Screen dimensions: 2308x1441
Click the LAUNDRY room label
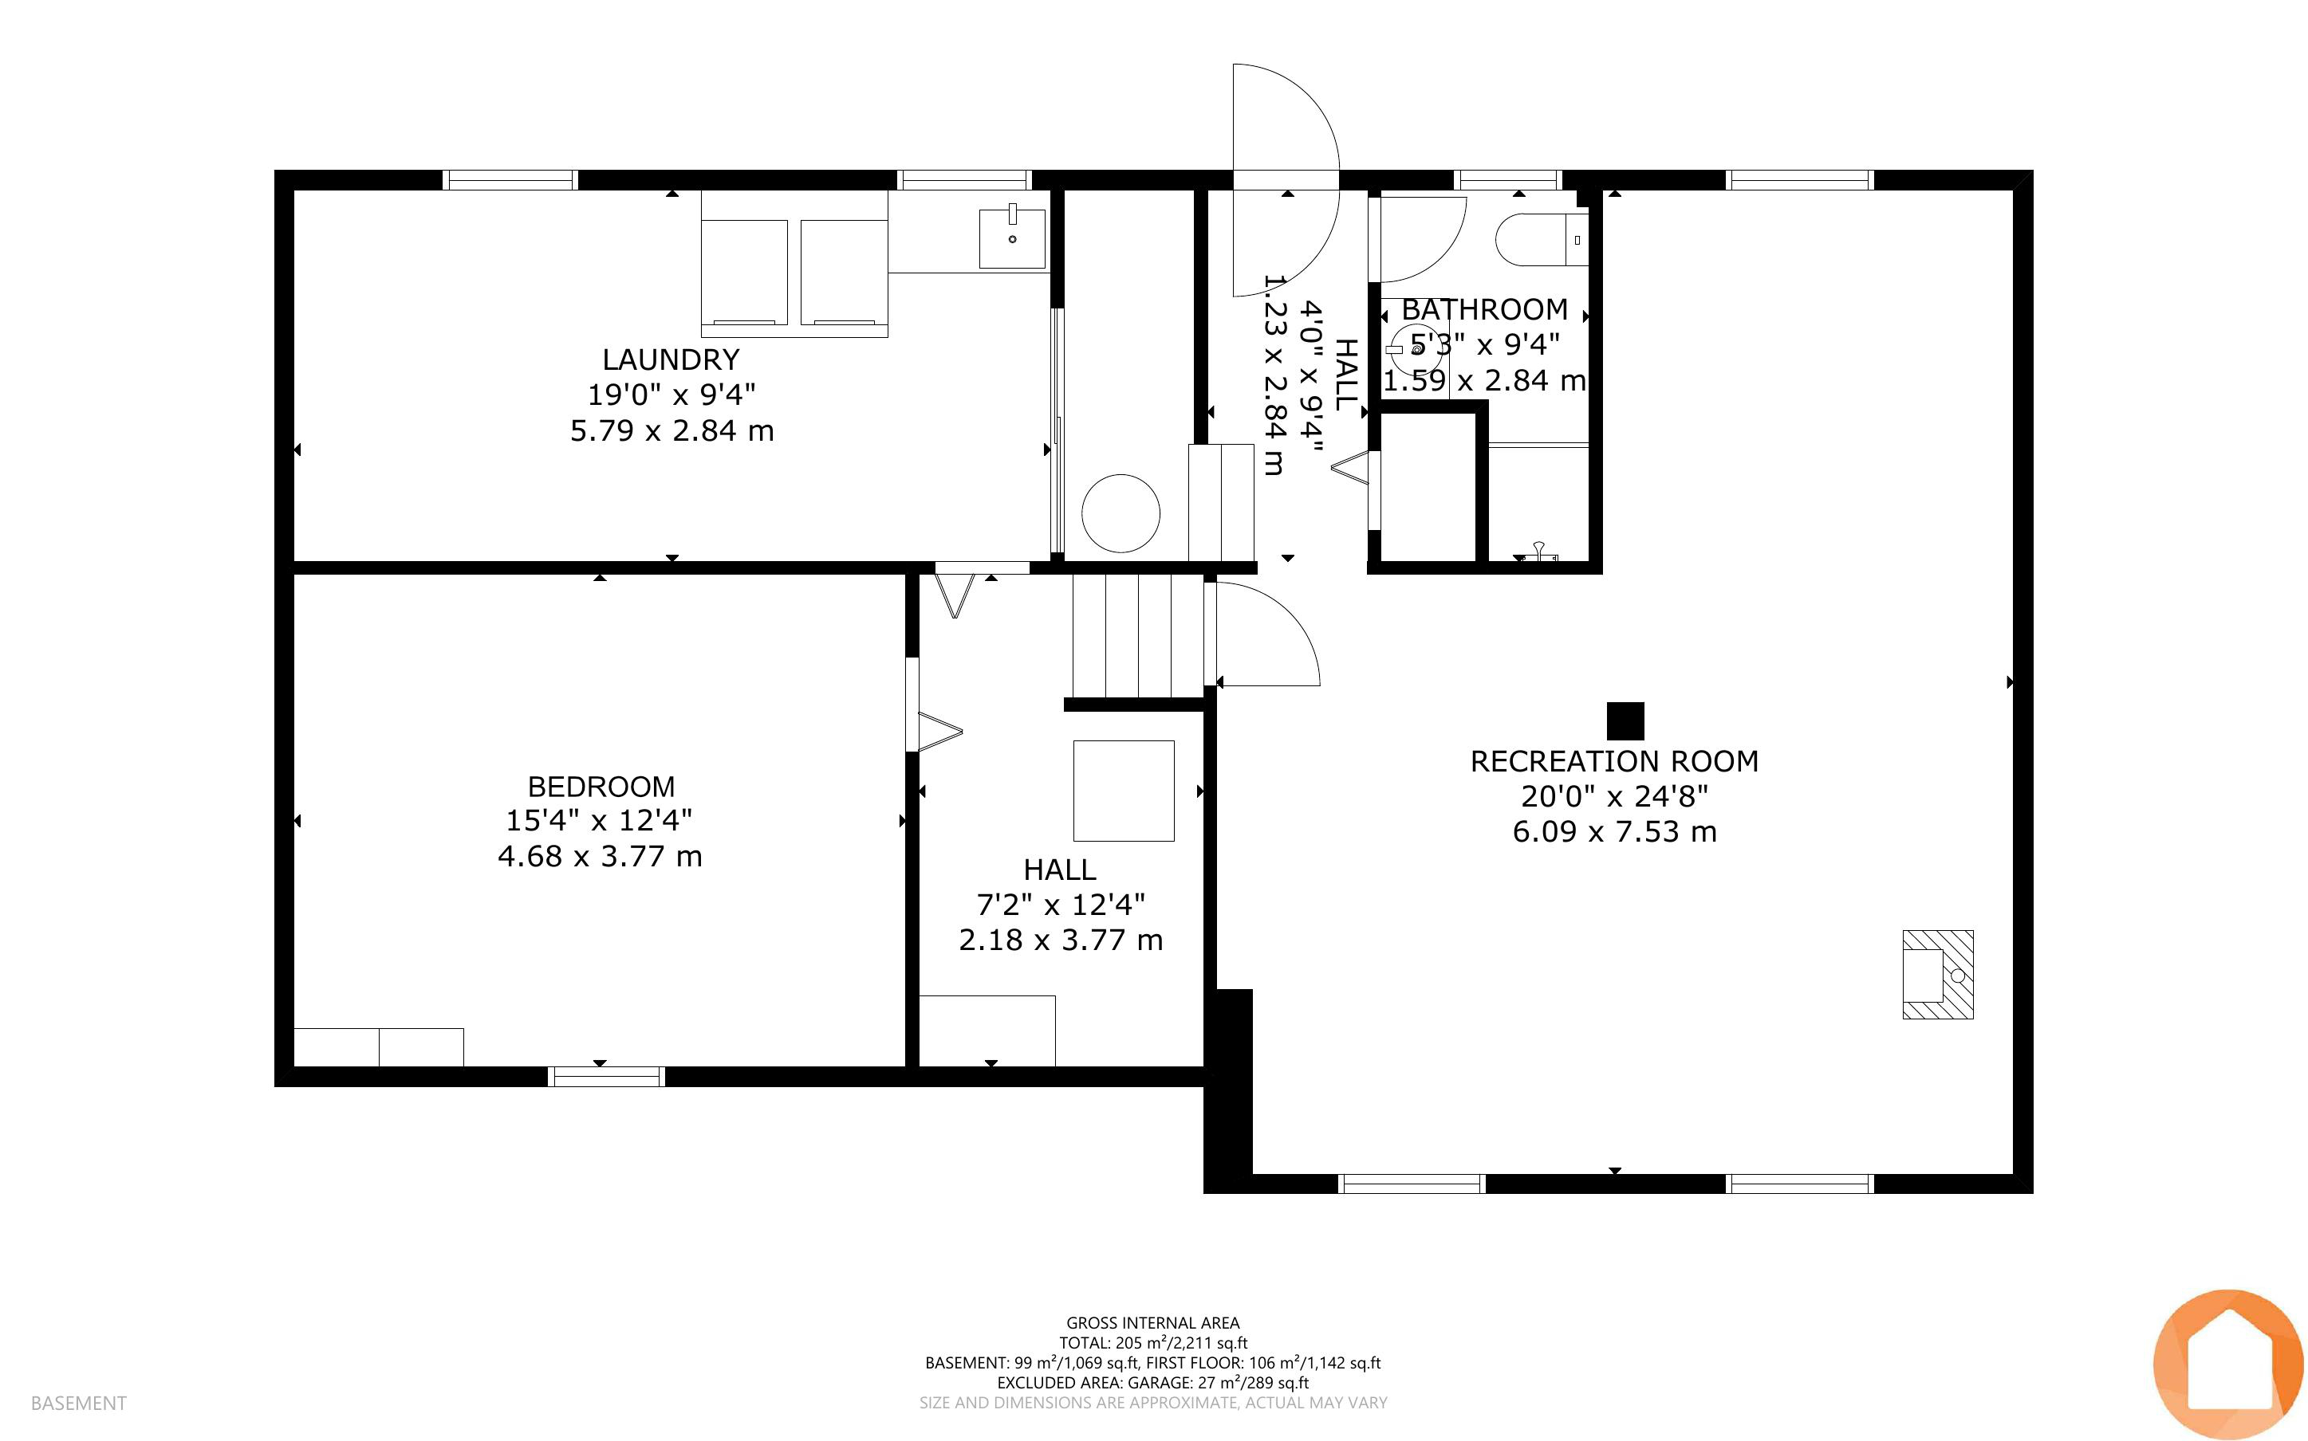(672, 359)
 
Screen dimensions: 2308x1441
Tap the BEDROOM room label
(601, 787)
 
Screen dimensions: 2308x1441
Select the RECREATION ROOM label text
(1614, 761)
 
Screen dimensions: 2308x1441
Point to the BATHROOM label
(1484, 310)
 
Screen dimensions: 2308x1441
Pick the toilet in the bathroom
(1542, 239)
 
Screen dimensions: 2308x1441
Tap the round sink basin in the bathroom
(1416, 350)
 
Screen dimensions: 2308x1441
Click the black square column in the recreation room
(1625, 721)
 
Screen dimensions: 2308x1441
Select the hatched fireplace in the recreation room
(1938, 974)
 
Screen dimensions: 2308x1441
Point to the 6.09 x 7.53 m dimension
(1614, 832)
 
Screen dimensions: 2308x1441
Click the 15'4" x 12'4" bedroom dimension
(599, 821)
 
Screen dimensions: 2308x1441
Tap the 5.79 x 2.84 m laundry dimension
(672, 430)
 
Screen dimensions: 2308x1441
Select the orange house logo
(2229, 1364)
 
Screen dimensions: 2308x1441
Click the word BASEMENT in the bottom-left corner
(78, 1403)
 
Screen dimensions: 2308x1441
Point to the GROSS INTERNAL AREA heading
(1152, 1323)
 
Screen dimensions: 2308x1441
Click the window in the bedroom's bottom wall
(606, 1077)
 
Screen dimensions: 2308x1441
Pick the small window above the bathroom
(1507, 179)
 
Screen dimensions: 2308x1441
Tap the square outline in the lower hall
(1124, 791)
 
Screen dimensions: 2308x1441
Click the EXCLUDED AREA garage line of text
(1152, 1383)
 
